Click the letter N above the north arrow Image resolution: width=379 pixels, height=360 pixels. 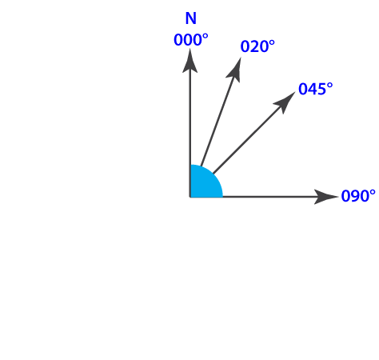point(191,18)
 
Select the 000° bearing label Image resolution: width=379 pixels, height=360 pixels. point(191,40)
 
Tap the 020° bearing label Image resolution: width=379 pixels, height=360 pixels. point(257,46)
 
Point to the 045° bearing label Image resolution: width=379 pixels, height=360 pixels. point(316,89)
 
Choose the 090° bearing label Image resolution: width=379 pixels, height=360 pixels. point(358,196)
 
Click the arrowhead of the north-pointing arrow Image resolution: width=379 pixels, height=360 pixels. point(189,61)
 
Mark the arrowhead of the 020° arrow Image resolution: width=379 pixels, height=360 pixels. point(234,70)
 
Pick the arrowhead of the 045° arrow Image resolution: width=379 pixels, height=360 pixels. point(285,102)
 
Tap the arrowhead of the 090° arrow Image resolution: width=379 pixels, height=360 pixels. point(326,197)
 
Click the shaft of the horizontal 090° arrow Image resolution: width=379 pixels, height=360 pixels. point(269,197)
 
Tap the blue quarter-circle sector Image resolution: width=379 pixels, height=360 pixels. point(203,184)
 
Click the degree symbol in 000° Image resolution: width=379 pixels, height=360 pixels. point(205,36)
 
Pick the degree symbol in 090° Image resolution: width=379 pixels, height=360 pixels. point(373,192)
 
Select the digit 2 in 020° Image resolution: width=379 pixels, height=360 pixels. point(257,46)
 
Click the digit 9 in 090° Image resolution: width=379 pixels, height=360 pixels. point(353,196)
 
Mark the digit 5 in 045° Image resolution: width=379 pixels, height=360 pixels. point(321,89)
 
